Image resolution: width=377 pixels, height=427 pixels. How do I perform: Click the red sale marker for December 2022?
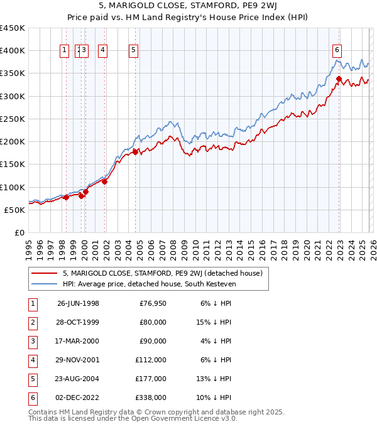click(339, 79)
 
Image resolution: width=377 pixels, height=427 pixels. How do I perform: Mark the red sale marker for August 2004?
click(135, 152)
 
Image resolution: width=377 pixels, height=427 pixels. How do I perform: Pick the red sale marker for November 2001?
click(105, 182)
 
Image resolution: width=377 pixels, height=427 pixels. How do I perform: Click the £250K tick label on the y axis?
click(13, 119)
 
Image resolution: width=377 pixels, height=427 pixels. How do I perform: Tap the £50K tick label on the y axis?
click(15, 210)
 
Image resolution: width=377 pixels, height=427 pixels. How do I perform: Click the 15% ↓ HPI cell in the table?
click(214, 322)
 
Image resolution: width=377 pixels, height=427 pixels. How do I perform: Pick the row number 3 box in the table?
click(31, 341)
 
